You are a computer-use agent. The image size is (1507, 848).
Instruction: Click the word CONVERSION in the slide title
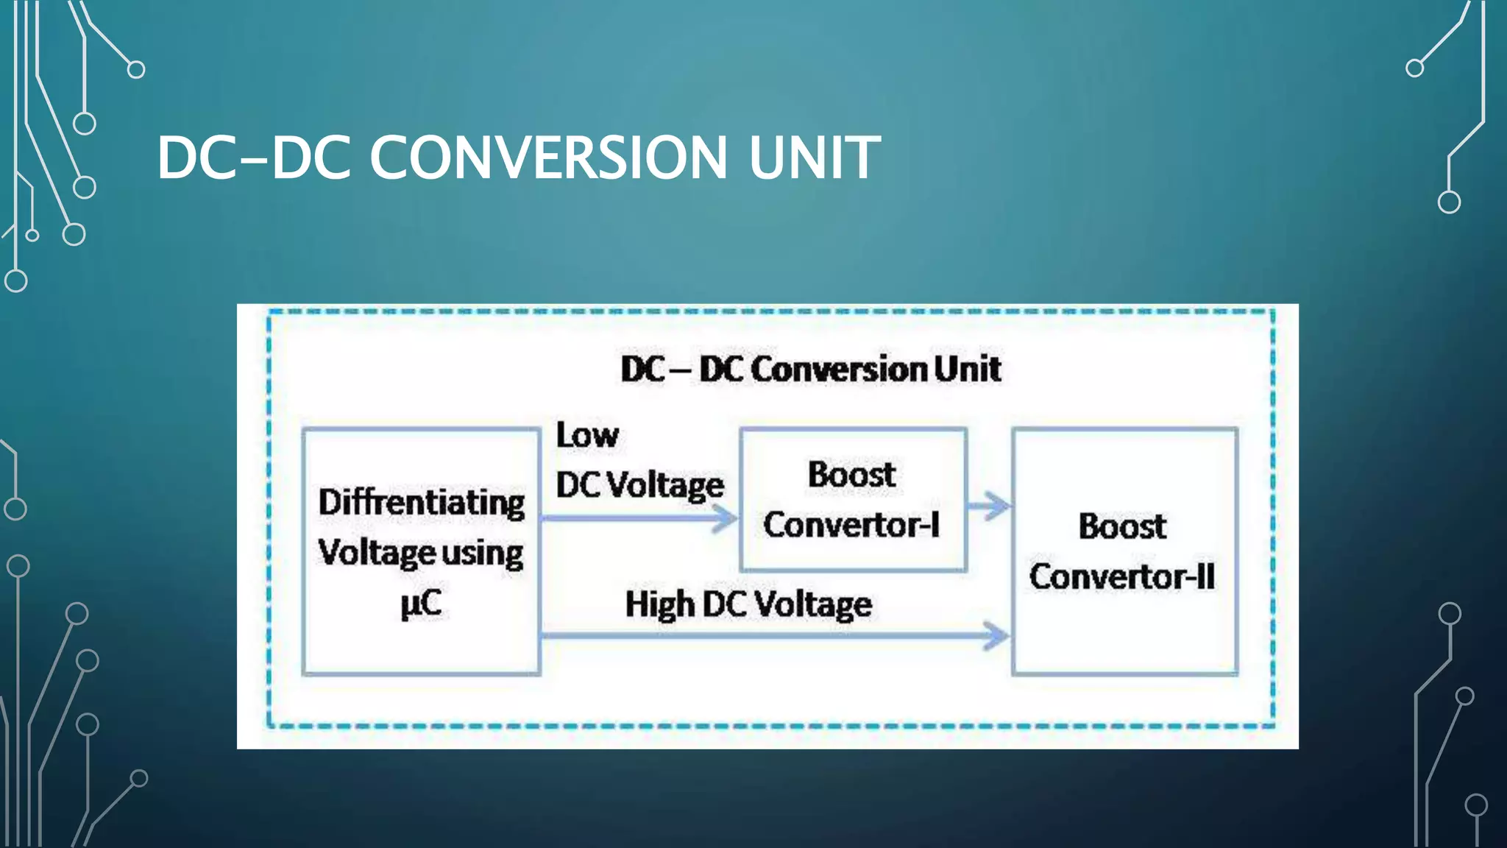(548, 158)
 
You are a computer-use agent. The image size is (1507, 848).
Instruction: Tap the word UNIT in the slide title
(814, 158)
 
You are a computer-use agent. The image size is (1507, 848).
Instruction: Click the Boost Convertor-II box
(1124, 633)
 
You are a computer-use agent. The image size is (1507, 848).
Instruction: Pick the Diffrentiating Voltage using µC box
(421, 648)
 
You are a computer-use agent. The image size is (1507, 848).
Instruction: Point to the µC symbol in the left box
(421, 604)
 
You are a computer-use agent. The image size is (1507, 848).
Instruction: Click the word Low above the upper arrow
(586, 435)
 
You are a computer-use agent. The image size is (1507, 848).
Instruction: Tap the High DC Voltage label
(748, 605)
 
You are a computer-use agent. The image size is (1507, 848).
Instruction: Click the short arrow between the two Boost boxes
(990, 506)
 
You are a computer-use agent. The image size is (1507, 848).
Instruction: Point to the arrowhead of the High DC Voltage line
(996, 635)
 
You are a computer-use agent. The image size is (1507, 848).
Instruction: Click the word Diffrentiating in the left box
(421, 503)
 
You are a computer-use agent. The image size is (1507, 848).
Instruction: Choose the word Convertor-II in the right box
(1121, 576)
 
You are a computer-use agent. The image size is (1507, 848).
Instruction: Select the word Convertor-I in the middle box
(851, 525)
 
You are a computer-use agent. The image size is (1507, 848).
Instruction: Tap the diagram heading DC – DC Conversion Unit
(810, 369)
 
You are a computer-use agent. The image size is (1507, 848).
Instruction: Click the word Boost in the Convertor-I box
(851, 475)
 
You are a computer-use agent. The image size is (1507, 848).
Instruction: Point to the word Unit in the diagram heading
(967, 369)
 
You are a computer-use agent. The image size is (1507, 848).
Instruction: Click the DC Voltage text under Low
(639, 486)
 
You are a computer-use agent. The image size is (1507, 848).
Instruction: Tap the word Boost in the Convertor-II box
(1122, 526)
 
